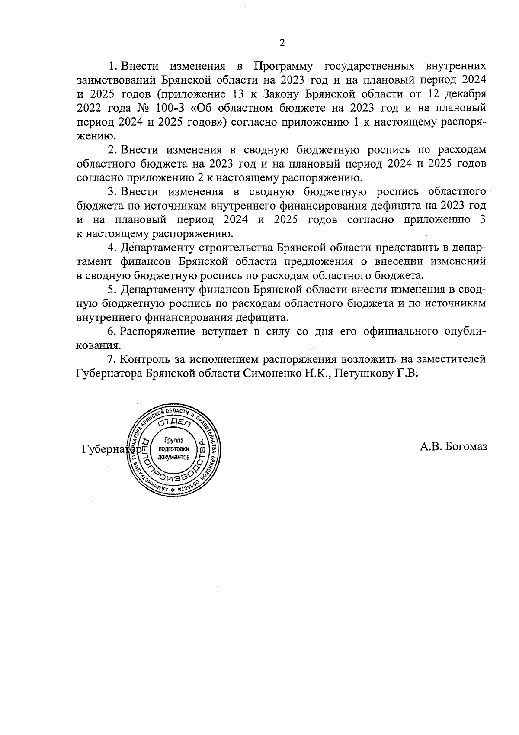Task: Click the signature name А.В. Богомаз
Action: [x=453, y=446]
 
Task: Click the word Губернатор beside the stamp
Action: [x=108, y=449]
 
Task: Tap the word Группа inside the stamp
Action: [x=174, y=441]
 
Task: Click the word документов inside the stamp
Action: [x=174, y=457]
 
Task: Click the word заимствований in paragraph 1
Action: [x=118, y=80]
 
